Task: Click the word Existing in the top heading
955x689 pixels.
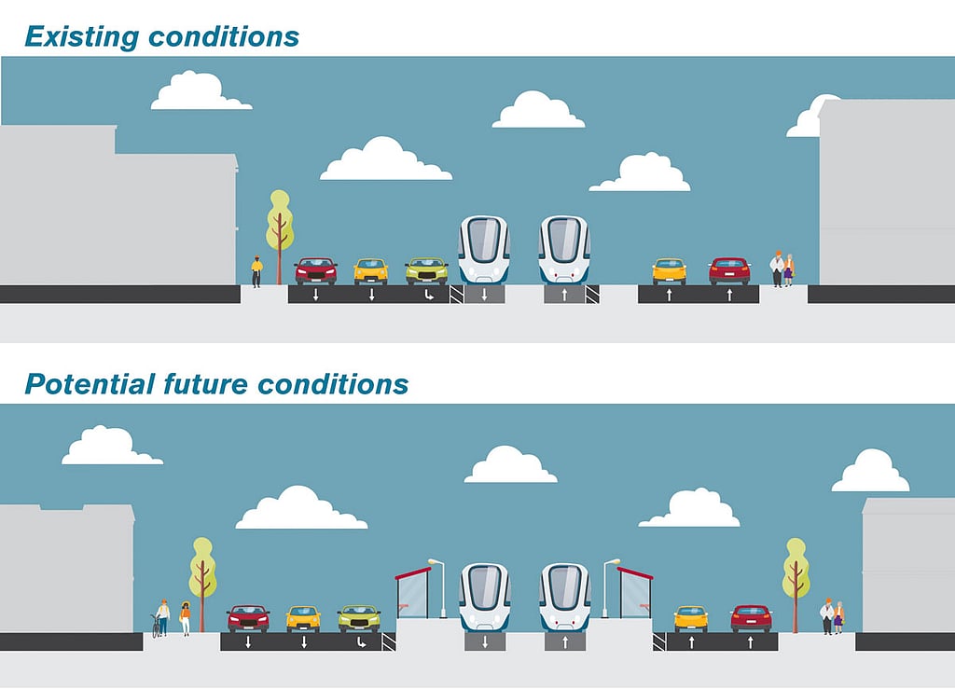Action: pos(82,37)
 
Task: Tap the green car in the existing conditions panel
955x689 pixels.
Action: pos(426,271)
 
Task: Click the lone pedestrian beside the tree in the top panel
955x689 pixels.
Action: pos(257,271)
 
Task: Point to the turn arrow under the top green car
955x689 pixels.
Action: pos(429,296)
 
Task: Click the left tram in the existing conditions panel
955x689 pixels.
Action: pos(484,250)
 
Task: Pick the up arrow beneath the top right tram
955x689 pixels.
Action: pos(564,296)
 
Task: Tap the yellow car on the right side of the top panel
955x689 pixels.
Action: pos(669,271)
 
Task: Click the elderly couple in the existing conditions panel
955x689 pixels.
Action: pos(782,269)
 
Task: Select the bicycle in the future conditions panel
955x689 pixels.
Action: pos(156,625)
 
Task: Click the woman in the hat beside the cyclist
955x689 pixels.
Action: pos(186,618)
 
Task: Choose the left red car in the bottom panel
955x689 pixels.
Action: pos(248,618)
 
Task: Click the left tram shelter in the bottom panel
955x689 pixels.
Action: pos(412,592)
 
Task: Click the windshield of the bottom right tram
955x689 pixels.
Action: pos(564,585)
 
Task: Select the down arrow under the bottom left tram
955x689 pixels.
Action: pos(485,642)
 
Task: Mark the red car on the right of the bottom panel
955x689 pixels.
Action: pos(751,618)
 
